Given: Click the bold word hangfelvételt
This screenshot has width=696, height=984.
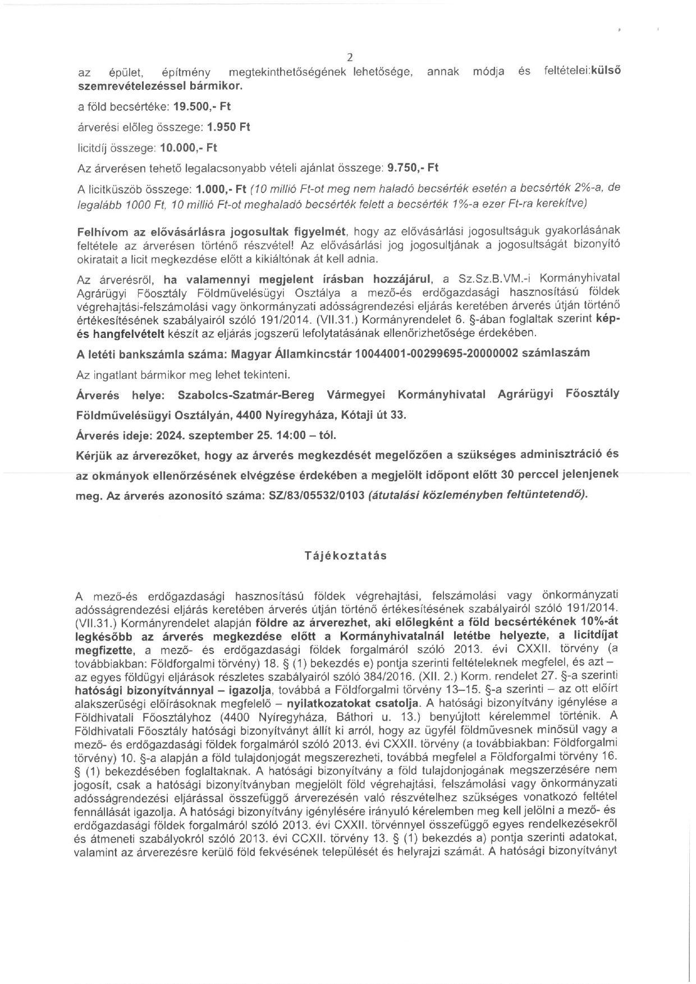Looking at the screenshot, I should (122, 333).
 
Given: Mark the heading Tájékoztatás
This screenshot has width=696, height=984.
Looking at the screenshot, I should (346, 556).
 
